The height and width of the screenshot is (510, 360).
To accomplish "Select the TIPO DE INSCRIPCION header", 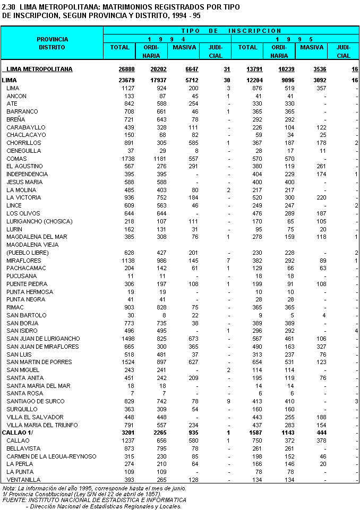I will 232,31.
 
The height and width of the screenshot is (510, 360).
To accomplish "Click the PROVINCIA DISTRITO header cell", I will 52,43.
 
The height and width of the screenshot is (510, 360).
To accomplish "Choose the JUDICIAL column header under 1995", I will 344,51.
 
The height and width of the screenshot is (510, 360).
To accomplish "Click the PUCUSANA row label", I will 22,276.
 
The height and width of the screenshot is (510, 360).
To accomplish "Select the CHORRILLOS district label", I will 23,143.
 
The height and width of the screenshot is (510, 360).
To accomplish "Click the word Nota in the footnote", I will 9,488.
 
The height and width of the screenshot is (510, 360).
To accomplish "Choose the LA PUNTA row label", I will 21,472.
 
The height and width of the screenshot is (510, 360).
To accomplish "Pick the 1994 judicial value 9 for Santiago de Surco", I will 228,401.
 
